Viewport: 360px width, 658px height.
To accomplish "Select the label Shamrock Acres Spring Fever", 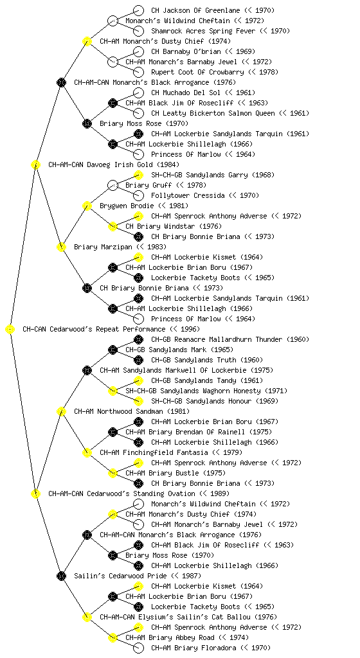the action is [x=203, y=31].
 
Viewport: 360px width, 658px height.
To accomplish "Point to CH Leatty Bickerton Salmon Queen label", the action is [x=213, y=113].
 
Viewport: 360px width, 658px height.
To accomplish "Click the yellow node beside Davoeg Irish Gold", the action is [x=35, y=164].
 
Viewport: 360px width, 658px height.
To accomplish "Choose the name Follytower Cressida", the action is [x=188, y=195].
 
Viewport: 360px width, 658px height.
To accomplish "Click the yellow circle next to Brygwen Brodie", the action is [x=87, y=206].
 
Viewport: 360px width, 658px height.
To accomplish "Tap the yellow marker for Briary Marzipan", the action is [x=61, y=247].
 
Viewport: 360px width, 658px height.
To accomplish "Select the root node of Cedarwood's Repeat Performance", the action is [x=10, y=329].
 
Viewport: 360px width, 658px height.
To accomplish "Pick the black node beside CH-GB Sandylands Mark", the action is [x=113, y=350].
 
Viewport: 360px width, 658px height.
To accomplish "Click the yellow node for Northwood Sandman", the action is [x=61, y=411].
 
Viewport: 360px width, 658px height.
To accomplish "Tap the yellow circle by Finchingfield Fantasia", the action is [x=87, y=452].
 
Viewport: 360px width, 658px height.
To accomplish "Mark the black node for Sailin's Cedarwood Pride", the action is [x=61, y=576].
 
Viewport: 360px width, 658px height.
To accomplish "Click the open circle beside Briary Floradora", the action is [x=138, y=648].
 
